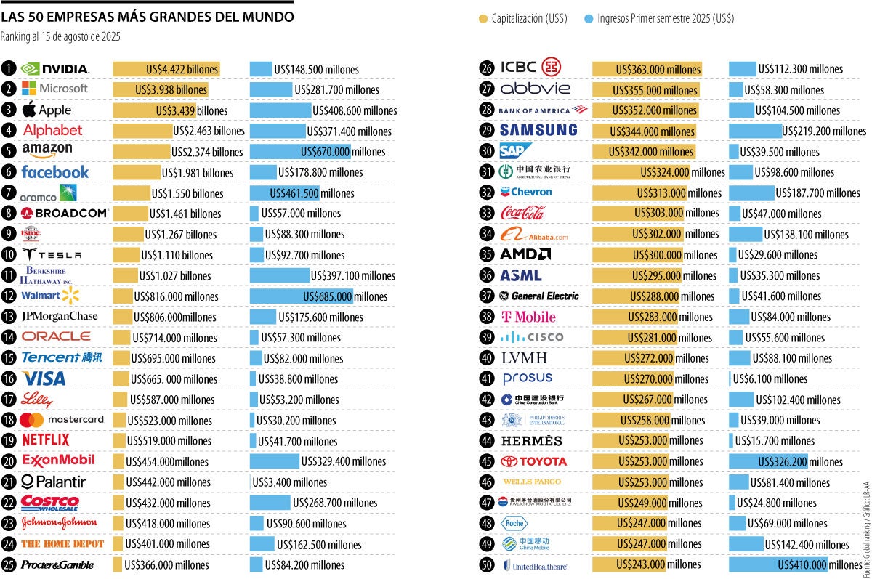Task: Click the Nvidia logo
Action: point(54,69)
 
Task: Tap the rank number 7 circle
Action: point(8,193)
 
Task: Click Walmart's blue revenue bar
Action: point(301,296)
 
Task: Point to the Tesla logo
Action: point(52,255)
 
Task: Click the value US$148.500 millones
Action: point(316,70)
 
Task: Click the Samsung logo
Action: point(538,131)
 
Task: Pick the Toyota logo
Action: point(533,461)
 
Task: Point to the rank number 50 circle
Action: point(487,564)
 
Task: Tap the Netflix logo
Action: point(46,440)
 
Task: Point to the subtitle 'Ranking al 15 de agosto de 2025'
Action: point(60,36)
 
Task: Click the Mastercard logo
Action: point(62,420)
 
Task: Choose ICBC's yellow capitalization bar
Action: point(647,69)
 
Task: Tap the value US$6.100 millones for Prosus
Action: point(770,379)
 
